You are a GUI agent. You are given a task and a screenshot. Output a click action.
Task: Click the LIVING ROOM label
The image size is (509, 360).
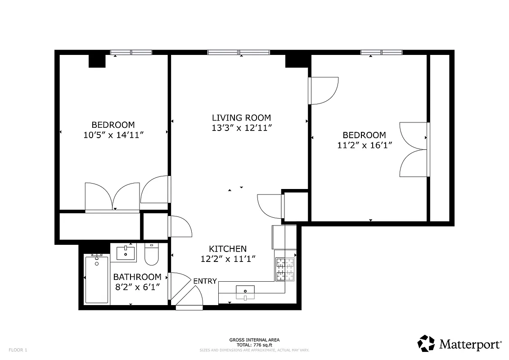pyautogui.click(x=241, y=118)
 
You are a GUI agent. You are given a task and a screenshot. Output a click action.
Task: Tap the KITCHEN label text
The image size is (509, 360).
pyautogui.click(x=228, y=249)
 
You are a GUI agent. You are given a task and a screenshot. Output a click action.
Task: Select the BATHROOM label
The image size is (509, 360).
pyautogui.click(x=137, y=277)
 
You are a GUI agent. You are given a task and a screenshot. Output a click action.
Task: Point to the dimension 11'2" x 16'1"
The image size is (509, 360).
pyautogui.click(x=364, y=145)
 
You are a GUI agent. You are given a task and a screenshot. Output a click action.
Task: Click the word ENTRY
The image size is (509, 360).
pyautogui.click(x=205, y=281)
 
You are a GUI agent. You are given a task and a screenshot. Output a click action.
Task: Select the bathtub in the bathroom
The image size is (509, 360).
pyautogui.click(x=96, y=279)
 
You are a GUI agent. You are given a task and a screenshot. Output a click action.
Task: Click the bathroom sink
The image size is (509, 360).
pyautogui.click(x=126, y=253)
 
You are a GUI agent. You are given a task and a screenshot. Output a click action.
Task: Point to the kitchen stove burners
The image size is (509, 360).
pyautogui.click(x=285, y=269)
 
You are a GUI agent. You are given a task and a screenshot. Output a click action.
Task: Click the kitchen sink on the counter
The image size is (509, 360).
pyautogui.click(x=245, y=292)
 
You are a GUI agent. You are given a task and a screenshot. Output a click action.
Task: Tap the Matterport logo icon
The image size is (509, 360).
pyautogui.click(x=426, y=343)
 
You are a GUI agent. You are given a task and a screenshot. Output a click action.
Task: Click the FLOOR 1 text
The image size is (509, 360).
pyautogui.click(x=18, y=350)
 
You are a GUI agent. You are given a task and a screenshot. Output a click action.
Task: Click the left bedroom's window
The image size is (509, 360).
pyautogui.click(x=131, y=52)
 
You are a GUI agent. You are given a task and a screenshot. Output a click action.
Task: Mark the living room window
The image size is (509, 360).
pyautogui.click(x=239, y=52)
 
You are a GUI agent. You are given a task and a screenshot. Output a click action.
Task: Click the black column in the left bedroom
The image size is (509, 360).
pyautogui.click(x=97, y=60)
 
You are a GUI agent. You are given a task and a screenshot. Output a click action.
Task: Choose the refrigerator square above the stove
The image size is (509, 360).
pyautogui.click(x=284, y=237)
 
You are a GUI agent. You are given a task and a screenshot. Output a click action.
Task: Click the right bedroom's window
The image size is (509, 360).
pyautogui.click(x=381, y=52)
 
